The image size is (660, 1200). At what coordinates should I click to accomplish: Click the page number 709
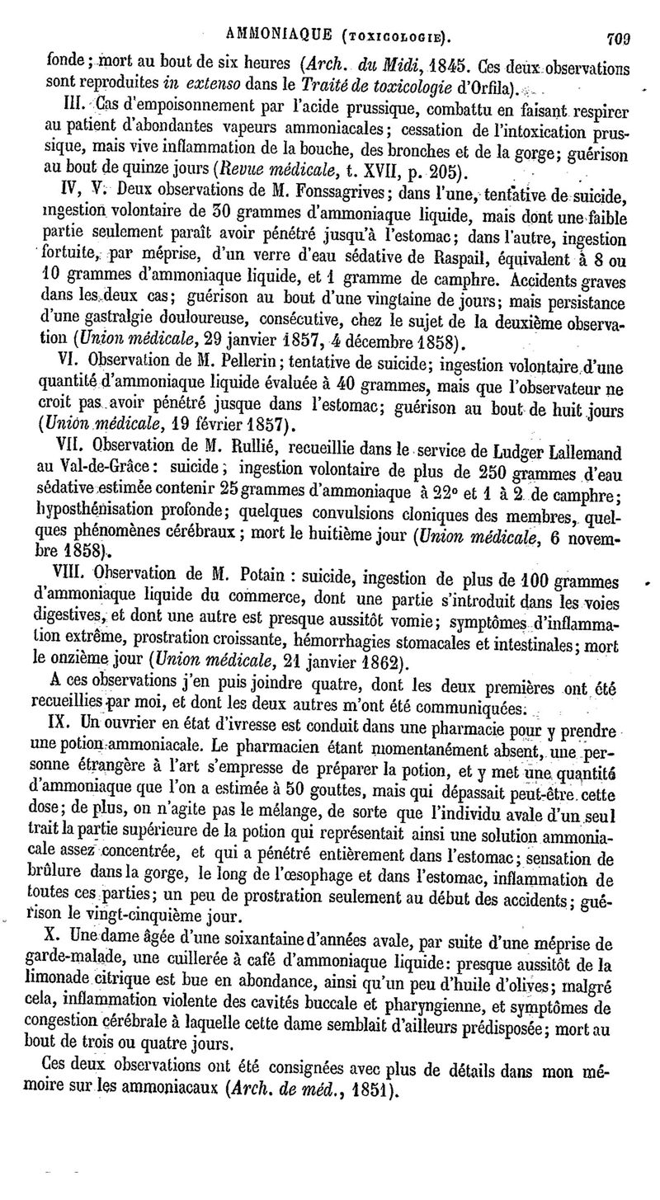(x=617, y=35)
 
